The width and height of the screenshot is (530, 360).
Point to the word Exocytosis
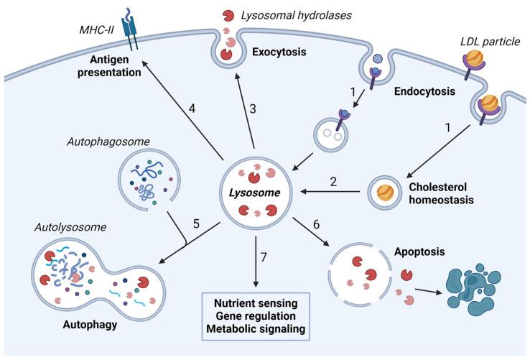tap(281, 52)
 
